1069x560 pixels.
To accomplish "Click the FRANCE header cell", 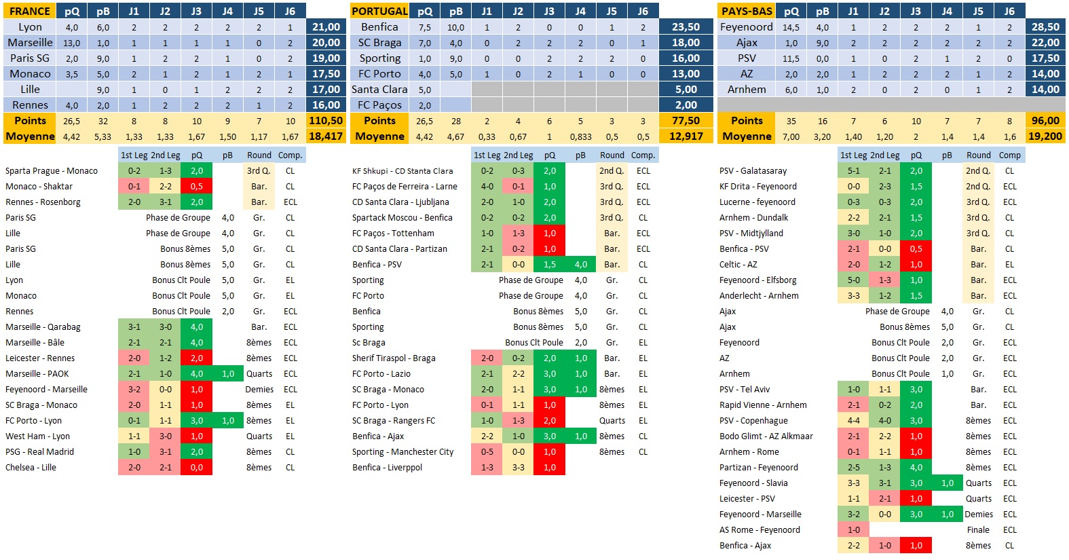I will (x=29, y=11).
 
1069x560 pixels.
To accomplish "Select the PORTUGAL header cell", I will (x=379, y=11).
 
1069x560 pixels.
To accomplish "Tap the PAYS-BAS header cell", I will (x=747, y=11).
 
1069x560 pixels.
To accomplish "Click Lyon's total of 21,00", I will (x=326, y=27).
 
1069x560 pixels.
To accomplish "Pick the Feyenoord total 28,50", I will (x=1045, y=27).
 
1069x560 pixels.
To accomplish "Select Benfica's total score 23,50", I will (x=686, y=27).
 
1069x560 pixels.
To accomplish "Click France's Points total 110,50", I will (x=326, y=121).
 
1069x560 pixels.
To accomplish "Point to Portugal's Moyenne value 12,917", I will (x=686, y=136).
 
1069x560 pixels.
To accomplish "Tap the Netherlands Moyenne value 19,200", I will (x=1045, y=136).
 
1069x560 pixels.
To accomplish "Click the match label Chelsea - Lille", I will (x=31, y=468).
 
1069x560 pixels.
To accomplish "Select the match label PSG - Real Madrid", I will (x=39, y=452).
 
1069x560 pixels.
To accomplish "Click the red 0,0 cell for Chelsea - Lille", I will (x=196, y=468).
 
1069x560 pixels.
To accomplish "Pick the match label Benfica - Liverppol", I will (x=387, y=468).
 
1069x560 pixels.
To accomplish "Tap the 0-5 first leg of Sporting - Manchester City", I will (x=487, y=452).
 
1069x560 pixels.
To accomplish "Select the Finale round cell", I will (x=978, y=530).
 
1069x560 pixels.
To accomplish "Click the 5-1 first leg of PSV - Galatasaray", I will (x=853, y=171).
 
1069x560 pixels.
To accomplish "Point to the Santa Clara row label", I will (x=379, y=90).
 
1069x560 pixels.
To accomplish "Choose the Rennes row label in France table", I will (x=30, y=105).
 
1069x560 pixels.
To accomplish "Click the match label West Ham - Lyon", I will (x=37, y=436).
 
